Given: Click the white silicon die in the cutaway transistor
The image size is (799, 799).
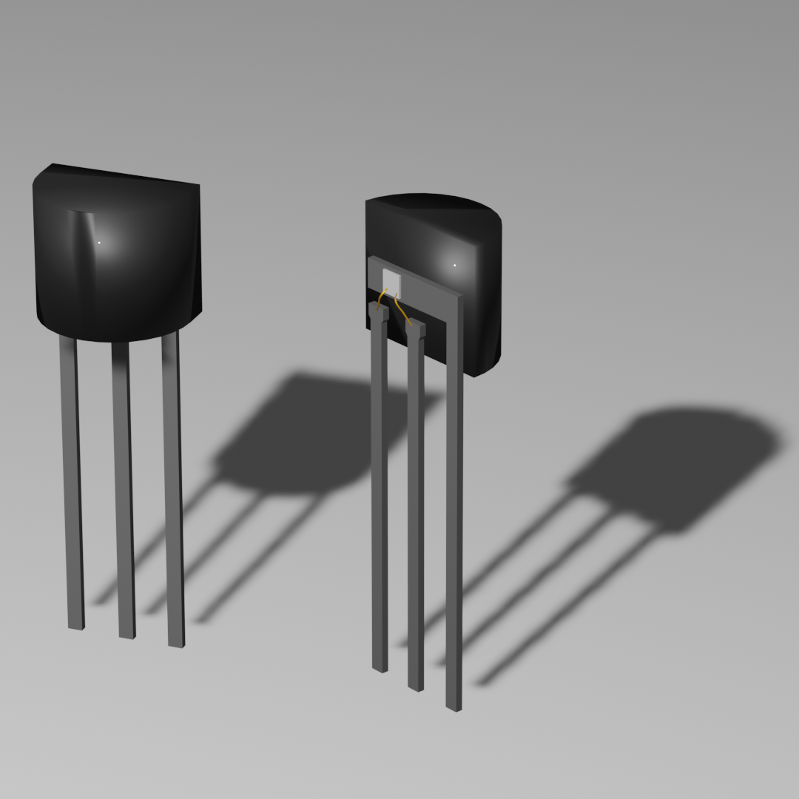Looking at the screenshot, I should click(391, 281).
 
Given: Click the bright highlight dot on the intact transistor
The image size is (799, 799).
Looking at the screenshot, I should click(99, 243).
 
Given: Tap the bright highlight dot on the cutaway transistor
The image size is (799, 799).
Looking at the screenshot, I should click(454, 265).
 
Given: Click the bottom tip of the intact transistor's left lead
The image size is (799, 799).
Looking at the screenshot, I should click(76, 626).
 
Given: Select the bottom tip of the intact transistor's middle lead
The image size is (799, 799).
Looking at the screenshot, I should click(127, 635).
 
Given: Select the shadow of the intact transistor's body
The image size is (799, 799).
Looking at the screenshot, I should click(296, 436).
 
